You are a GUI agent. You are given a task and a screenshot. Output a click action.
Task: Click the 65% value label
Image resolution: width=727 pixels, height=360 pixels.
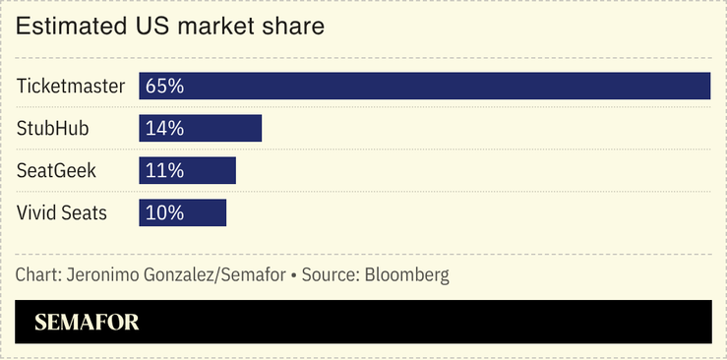[164, 86]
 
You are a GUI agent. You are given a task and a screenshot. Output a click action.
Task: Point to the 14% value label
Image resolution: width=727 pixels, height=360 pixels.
[164, 128]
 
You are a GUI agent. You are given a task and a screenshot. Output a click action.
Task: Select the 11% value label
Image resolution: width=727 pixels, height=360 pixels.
[164, 170]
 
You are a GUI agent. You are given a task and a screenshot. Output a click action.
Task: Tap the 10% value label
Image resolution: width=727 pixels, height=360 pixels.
[164, 212]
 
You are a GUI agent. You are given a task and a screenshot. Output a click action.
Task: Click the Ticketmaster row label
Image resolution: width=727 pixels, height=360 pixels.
[71, 86]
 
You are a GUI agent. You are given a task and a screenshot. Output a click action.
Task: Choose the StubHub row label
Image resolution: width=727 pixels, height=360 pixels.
[51, 128]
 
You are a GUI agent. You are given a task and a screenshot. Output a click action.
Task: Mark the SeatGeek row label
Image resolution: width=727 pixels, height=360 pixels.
[56, 170]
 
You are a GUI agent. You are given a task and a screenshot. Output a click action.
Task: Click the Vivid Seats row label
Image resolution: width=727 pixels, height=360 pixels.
[62, 212]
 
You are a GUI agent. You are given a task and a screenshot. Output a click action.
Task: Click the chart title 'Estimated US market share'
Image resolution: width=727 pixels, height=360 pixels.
[170, 28]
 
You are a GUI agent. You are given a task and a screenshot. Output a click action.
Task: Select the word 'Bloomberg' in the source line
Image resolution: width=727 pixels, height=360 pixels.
[407, 274]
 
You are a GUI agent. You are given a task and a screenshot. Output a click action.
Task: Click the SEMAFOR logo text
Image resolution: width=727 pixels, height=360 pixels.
[87, 322]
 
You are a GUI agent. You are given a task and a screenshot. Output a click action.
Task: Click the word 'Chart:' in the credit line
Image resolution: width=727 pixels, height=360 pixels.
[38, 274]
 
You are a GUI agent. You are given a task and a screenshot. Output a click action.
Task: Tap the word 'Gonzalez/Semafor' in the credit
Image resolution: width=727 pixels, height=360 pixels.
[212, 274]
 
